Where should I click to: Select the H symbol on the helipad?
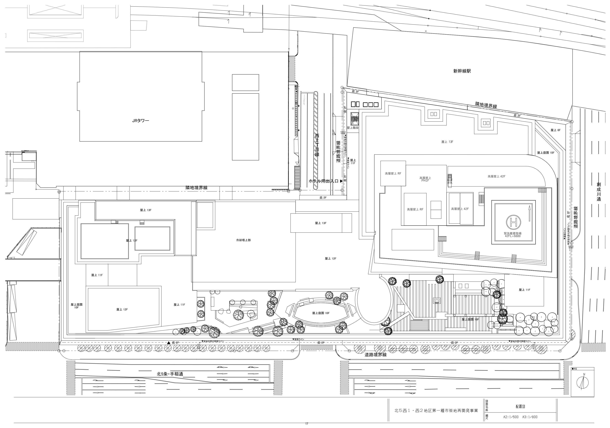tap(514, 222)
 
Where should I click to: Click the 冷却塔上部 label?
tap(243, 240)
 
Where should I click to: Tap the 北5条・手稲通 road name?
tap(170, 374)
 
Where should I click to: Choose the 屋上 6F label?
tap(555, 130)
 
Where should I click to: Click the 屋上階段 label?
tap(353, 128)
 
